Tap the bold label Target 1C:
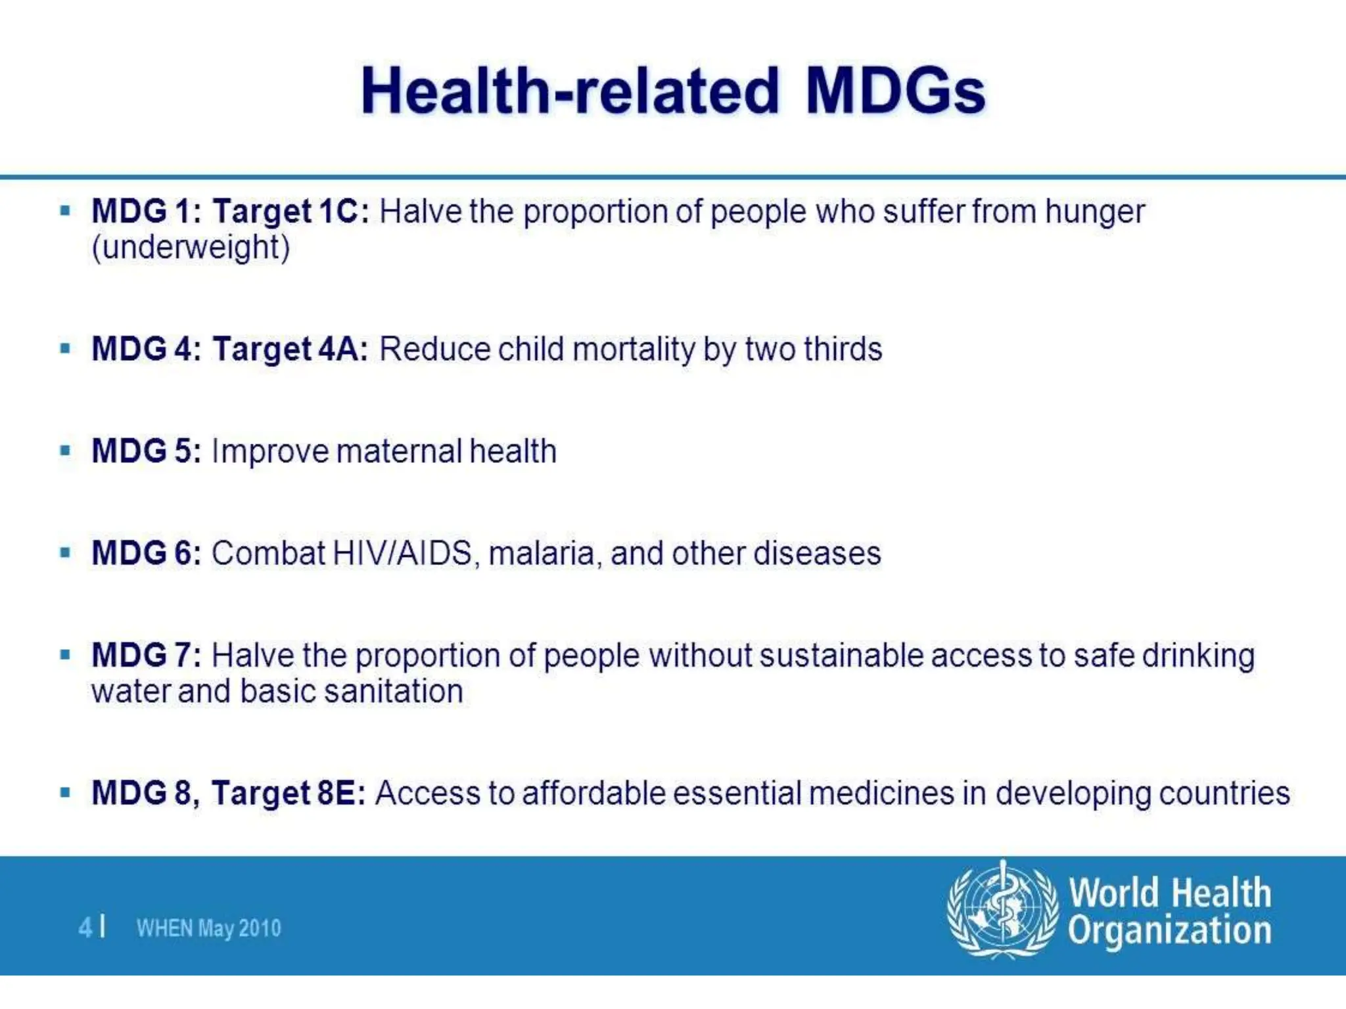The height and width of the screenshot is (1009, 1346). [x=291, y=212]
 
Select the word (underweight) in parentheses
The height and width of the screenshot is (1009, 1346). [x=191, y=248]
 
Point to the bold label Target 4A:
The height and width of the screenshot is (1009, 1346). [x=290, y=349]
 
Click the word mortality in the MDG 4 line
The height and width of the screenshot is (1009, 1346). [x=634, y=349]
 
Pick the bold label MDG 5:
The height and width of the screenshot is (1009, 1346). [x=146, y=451]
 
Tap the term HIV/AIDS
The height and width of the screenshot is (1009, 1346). [x=402, y=553]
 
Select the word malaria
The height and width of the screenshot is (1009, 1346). [x=541, y=553]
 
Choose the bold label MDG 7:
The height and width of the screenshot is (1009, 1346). [x=146, y=656]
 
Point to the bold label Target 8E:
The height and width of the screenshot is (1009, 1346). [x=289, y=793]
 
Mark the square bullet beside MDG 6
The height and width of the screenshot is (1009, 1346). [x=65, y=552]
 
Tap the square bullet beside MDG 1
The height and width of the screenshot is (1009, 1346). [x=65, y=211]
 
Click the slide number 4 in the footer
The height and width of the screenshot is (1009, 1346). [x=85, y=928]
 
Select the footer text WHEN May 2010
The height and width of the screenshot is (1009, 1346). [x=208, y=928]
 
